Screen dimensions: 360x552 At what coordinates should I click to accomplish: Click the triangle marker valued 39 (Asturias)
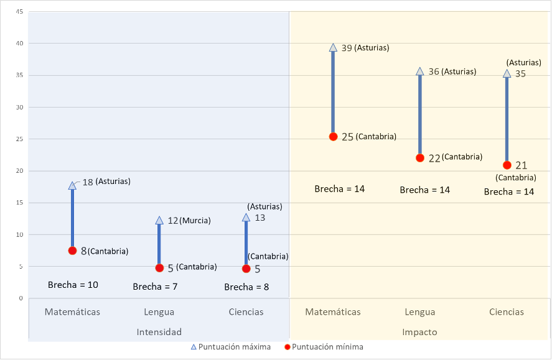(x=333, y=48)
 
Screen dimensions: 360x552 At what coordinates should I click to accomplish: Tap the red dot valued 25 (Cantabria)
(x=333, y=137)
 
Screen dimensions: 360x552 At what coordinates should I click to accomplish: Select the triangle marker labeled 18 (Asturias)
(x=72, y=185)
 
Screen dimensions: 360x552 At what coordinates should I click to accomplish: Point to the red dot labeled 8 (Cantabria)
(x=72, y=251)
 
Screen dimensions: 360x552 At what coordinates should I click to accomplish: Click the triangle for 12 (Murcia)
(x=159, y=220)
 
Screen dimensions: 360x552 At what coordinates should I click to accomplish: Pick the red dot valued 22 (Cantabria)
(x=420, y=158)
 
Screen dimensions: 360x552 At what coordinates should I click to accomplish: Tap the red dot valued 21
(x=507, y=165)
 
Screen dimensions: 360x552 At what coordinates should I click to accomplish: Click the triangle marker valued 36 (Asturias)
(x=420, y=72)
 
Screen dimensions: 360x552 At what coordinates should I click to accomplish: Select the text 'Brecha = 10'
(x=73, y=285)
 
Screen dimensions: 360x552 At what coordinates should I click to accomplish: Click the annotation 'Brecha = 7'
(x=156, y=287)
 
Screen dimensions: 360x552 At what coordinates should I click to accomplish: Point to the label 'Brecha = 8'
(x=246, y=287)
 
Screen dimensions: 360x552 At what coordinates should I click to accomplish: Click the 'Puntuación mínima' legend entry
(x=323, y=347)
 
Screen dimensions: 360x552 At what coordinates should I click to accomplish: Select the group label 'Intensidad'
(x=159, y=332)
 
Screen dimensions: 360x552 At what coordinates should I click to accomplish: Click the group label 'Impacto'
(x=420, y=332)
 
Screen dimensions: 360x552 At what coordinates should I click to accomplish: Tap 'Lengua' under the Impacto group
(x=420, y=312)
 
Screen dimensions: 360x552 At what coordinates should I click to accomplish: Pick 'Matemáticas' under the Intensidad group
(x=72, y=312)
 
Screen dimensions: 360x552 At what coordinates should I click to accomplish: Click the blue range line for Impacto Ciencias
(x=507, y=118)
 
